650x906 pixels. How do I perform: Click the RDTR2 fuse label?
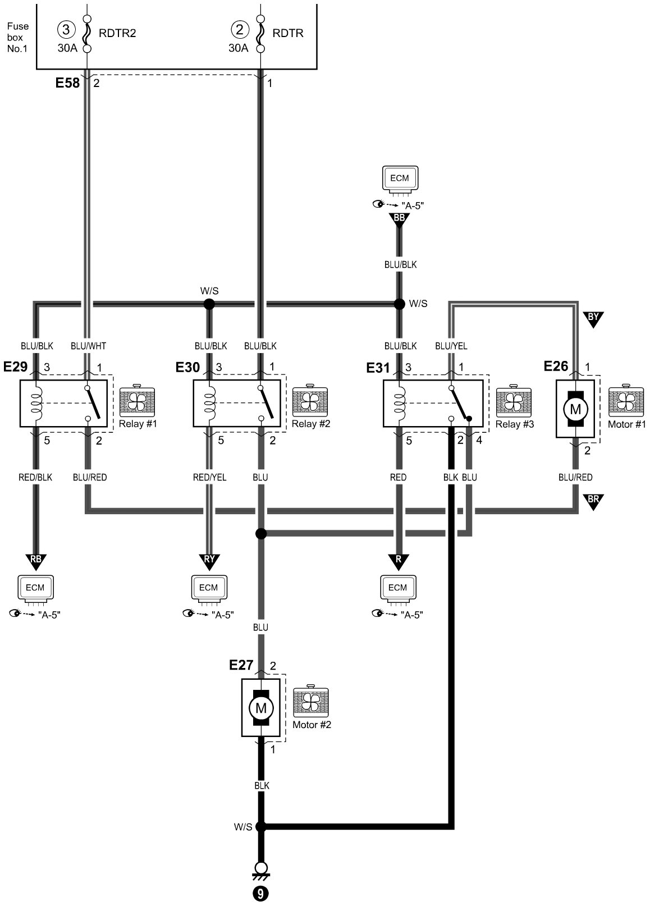(x=117, y=33)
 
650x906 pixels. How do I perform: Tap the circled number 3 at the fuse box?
(x=66, y=30)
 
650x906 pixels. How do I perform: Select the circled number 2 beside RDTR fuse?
(x=240, y=30)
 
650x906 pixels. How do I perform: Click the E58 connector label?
(x=67, y=83)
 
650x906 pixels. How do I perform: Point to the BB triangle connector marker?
(x=399, y=219)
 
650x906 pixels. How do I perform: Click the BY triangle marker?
(x=593, y=319)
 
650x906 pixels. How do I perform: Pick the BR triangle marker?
(x=593, y=501)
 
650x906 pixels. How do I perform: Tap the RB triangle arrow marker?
(x=36, y=561)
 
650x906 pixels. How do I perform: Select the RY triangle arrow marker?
(x=209, y=561)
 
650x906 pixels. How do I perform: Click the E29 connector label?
(x=15, y=367)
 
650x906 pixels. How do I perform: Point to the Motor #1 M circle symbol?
(x=575, y=409)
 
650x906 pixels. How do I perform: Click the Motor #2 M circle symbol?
(x=261, y=708)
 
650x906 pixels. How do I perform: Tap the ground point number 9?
(x=261, y=894)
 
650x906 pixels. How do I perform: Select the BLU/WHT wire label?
(x=89, y=346)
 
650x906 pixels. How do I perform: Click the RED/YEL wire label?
(x=209, y=477)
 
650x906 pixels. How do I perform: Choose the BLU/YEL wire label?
(x=451, y=346)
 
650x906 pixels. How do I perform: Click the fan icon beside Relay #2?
(x=310, y=400)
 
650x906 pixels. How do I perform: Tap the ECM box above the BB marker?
(x=400, y=179)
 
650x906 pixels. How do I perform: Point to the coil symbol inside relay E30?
(x=209, y=403)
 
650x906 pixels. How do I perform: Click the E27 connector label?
(x=241, y=665)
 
